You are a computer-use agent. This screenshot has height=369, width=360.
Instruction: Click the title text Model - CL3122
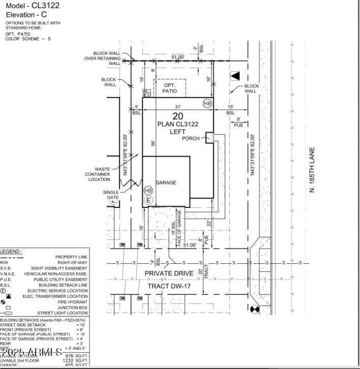click(x=32, y=6)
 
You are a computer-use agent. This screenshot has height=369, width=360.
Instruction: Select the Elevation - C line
click(x=27, y=14)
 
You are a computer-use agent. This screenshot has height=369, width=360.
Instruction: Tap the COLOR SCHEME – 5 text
click(x=28, y=39)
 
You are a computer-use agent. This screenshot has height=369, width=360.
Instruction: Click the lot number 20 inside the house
click(x=177, y=116)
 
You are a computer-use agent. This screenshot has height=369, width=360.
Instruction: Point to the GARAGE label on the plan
click(x=166, y=183)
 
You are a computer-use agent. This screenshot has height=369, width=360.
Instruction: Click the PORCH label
click(x=191, y=139)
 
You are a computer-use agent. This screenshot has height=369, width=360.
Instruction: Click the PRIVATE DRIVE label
click(x=166, y=274)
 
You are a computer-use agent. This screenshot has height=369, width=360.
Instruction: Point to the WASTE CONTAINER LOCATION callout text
click(x=99, y=175)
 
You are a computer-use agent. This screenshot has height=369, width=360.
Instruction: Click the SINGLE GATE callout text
click(x=111, y=195)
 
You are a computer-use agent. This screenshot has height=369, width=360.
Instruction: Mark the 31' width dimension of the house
click(x=178, y=107)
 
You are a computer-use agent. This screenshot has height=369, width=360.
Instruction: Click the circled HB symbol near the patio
click(x=207, y=103)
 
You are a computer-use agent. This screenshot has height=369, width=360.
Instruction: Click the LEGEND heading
click(x=11, y=252)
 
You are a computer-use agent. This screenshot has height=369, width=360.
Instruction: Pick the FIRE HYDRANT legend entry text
click(x=72, y=302)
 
